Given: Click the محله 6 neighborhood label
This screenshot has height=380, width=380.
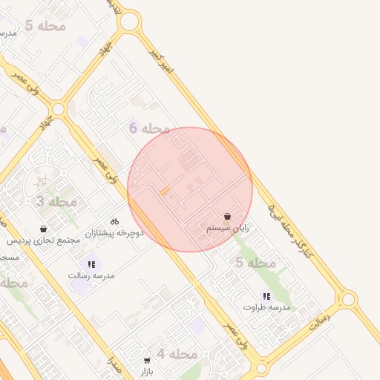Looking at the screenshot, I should click(x=149, y=128).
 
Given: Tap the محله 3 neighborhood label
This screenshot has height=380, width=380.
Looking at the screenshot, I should click(x=56, y=201).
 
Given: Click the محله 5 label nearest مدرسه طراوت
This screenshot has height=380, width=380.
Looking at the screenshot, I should click(x=256, y=263).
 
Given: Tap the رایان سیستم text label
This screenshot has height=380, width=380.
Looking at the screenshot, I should click(x=227, y=229).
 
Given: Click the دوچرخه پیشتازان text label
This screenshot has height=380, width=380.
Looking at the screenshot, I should click(x=114, y=233).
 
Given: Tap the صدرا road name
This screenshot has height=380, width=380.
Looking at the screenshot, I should click(x=114, y=365).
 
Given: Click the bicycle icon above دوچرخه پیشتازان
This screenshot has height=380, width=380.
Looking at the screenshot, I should click(x=114, y=221).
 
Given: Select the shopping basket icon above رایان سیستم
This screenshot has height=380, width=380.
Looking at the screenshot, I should click(x=227, y=217).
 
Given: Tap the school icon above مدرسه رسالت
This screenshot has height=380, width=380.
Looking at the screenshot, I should click(x=91, y=263).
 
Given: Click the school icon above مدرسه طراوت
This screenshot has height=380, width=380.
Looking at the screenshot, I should click(x=265, y=295).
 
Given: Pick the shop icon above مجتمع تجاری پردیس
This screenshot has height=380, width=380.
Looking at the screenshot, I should click(x=43, y=229).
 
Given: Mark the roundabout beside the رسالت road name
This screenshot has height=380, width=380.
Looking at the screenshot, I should click(x=347, y=299).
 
